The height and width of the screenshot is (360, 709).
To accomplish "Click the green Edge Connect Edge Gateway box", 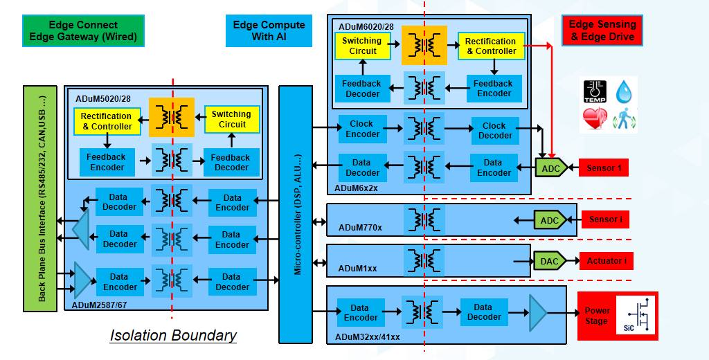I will click(83, 31).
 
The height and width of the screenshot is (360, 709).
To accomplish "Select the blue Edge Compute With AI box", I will click(269, 30).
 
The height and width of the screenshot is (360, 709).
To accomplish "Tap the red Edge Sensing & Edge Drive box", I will click(601, 30).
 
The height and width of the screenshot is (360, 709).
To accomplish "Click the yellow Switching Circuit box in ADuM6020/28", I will click(361, 46).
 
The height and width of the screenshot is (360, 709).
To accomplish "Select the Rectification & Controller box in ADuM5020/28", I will click(107, 121).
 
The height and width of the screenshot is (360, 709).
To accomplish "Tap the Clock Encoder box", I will click(361, 129).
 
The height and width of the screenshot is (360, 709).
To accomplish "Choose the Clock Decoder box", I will click(494, 130).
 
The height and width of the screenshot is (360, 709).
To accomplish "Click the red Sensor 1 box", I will click(604, 168).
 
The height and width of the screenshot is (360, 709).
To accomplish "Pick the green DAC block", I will click(550, 261).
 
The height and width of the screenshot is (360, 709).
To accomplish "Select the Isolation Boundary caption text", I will click(173, 336).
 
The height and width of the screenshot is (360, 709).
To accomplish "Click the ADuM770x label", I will click(360, 226).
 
